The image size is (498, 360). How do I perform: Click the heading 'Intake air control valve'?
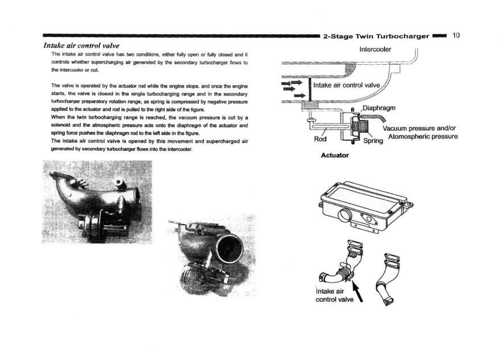coord(81,45)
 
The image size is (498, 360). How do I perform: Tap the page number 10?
coord(456,35)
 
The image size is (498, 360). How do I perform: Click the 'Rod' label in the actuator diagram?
coord(320,139)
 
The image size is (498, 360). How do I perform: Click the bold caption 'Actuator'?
coord(335,154)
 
